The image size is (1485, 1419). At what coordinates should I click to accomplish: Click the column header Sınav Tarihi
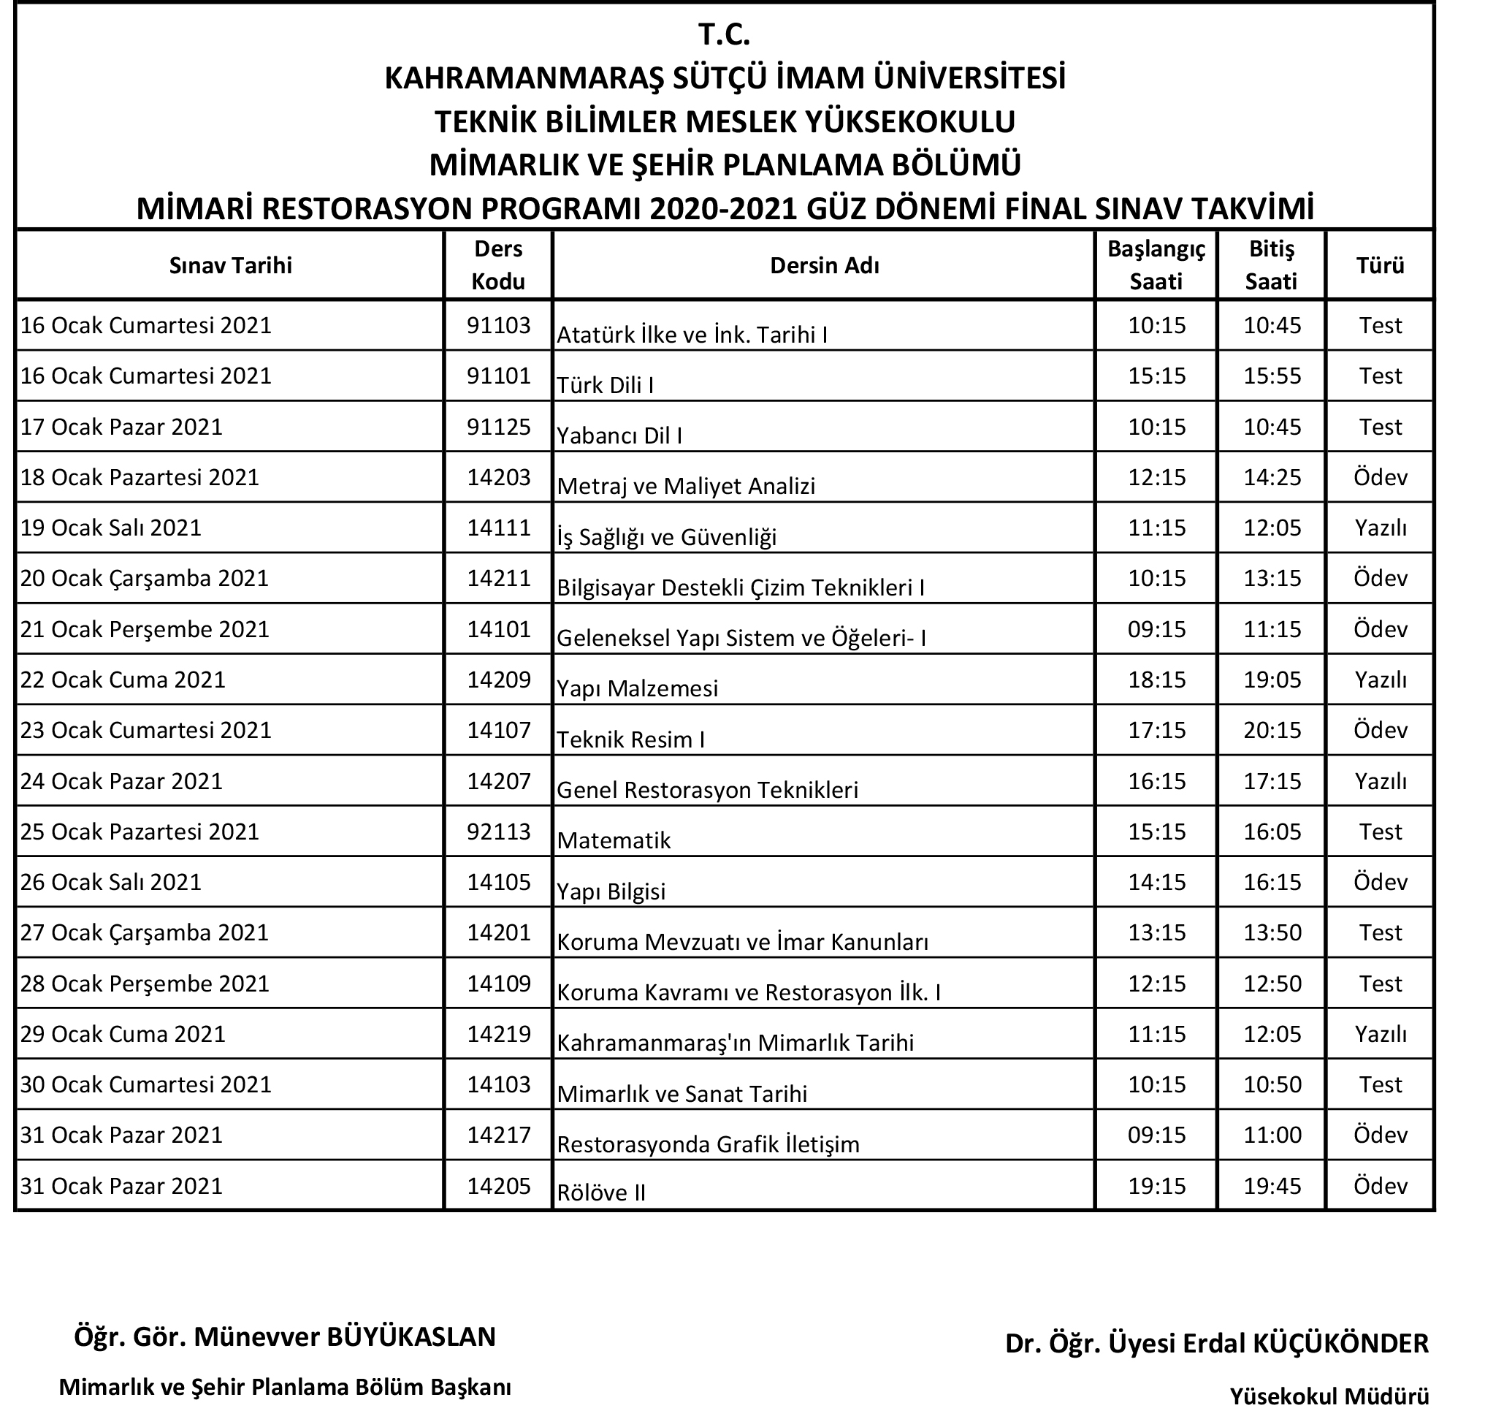click(230, 265)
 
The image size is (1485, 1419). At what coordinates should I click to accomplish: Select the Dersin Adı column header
click(823, 265)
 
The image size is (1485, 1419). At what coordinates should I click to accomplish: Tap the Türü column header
click(1379, 265)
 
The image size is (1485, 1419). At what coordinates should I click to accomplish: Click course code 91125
click(498, 427)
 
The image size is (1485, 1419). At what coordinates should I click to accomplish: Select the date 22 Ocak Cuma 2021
click(123, 680)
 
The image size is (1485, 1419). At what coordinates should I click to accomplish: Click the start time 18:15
click(1156, 680)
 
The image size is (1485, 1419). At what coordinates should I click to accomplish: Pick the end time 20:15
click(1272, 730)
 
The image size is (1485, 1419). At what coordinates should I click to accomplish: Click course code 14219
click(498, 1033)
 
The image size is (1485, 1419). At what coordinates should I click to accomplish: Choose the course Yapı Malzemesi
click(638, 688)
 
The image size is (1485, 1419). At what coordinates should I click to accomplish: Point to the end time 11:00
click(1272, 1135)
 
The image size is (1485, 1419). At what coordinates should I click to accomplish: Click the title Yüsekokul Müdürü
click(1329, 1396)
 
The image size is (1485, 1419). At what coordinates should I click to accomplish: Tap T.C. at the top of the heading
click(724, 35)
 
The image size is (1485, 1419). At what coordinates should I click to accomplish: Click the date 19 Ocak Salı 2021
click(111, 528)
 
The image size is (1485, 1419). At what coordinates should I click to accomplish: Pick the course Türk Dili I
click(605, 385)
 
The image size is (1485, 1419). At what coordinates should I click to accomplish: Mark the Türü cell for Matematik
click(1379, 832)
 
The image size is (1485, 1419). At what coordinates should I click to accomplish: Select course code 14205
click(498, 1185)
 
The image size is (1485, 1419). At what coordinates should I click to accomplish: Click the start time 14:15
click(1156, 882)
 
